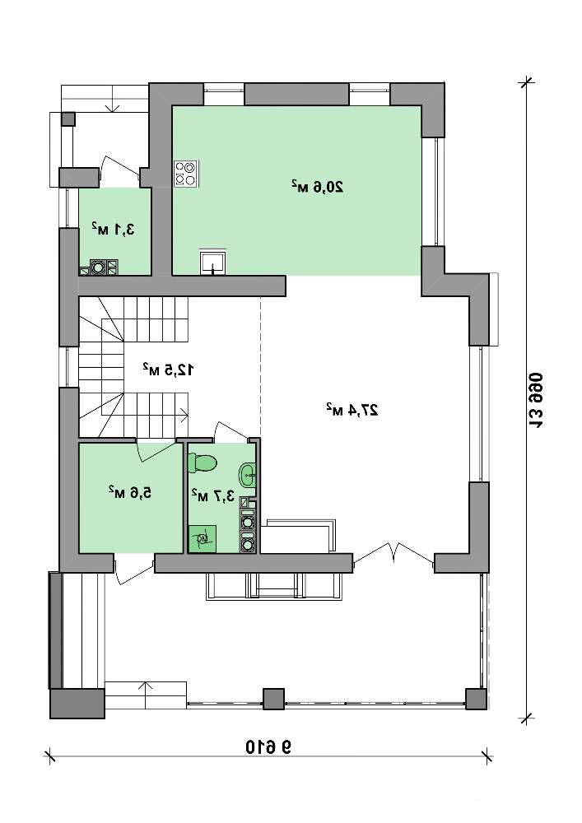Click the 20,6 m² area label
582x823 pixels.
click(318, 186)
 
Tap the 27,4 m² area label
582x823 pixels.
click(352, 409)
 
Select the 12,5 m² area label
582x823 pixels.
click(168, 370)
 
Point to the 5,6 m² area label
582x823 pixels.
click(130, 492)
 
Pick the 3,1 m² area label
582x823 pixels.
click(113, 229)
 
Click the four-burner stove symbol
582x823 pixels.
click(186, 174)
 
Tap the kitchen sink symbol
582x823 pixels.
click(213, 262)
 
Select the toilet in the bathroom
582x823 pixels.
click(203, 463)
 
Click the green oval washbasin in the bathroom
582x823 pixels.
click(248, 475)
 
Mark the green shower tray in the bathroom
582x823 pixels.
click(202, 537)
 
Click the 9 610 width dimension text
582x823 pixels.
click(268, 746)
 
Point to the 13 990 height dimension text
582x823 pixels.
click(535, 399)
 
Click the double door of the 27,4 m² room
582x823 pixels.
click(393, 553)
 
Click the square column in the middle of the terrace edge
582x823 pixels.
click(273, 699)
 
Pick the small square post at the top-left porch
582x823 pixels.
click(68, 119)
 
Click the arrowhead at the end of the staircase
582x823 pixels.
click(185, 415)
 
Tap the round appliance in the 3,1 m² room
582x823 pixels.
click(98, 267)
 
